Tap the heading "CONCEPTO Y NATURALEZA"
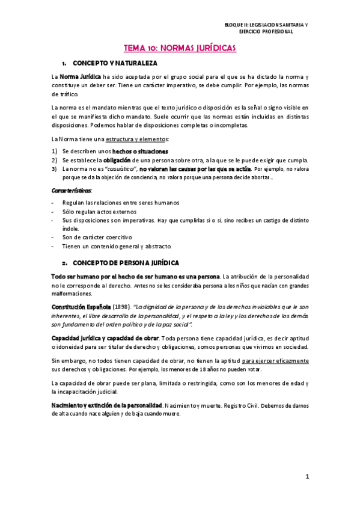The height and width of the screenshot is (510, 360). (114, 63)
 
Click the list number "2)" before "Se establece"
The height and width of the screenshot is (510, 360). (54, 160)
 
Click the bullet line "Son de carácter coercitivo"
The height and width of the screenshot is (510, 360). (97, 237)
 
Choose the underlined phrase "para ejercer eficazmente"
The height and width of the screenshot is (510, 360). (276, 360)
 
